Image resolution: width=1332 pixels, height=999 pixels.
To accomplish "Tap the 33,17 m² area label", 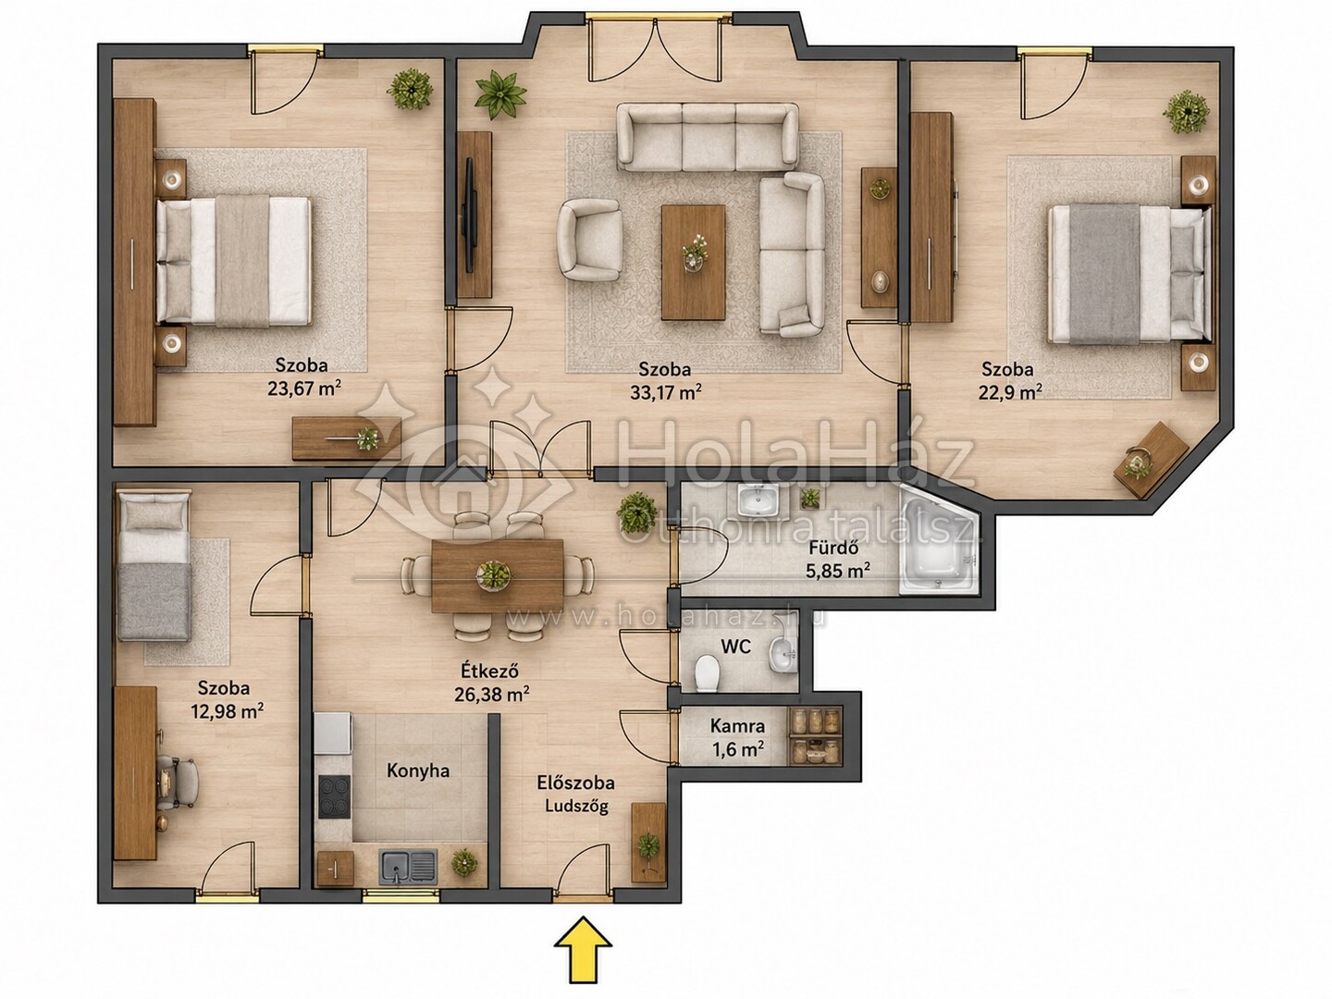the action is tap(666, 393).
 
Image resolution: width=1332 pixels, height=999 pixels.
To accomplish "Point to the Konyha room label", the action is tap(418, 771).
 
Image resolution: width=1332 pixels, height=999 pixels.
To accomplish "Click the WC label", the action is tap(736, 647).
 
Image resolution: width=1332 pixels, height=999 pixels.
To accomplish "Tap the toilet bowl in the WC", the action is tap(707, 672).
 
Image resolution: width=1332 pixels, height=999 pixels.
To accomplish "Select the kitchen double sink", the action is tap(408, 866).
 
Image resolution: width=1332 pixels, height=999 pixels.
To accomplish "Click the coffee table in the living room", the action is tap(694, 262).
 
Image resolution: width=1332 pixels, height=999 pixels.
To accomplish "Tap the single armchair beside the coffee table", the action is tap(589, 240).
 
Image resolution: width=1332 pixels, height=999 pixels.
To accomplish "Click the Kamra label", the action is tap(737, 725).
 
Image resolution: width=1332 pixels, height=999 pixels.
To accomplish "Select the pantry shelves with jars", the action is tap(815, 734).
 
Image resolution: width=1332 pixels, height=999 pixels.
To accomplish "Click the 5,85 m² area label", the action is tap(838, 570).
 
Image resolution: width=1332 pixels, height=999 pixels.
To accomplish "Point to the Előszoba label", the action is tap(576, 783).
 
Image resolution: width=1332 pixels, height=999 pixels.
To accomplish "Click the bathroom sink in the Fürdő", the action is tap(758, 500).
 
